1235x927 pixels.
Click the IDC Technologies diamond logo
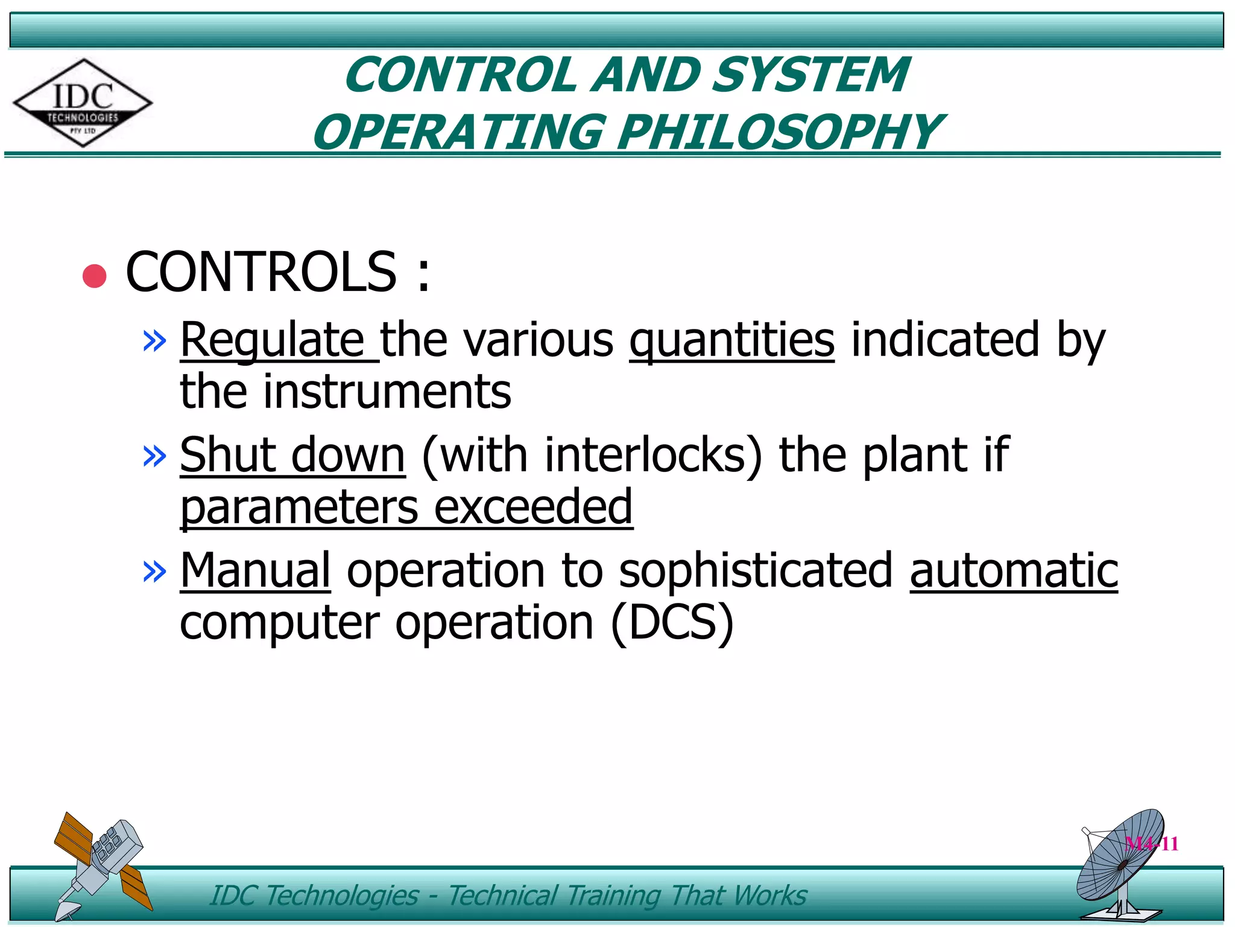(83, 103)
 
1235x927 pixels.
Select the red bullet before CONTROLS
(95, 276)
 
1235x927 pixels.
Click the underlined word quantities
(731, 342)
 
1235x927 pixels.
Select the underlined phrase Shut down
(292, 455)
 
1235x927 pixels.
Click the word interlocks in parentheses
(645, 455)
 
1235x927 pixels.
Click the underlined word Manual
(255, 570)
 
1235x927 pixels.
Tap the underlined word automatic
(1014, 570)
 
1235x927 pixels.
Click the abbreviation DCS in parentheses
(672, 622)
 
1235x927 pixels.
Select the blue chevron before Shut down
(154, 456)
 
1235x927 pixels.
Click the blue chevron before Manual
(154, 571)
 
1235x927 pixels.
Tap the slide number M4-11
(1152, 844)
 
